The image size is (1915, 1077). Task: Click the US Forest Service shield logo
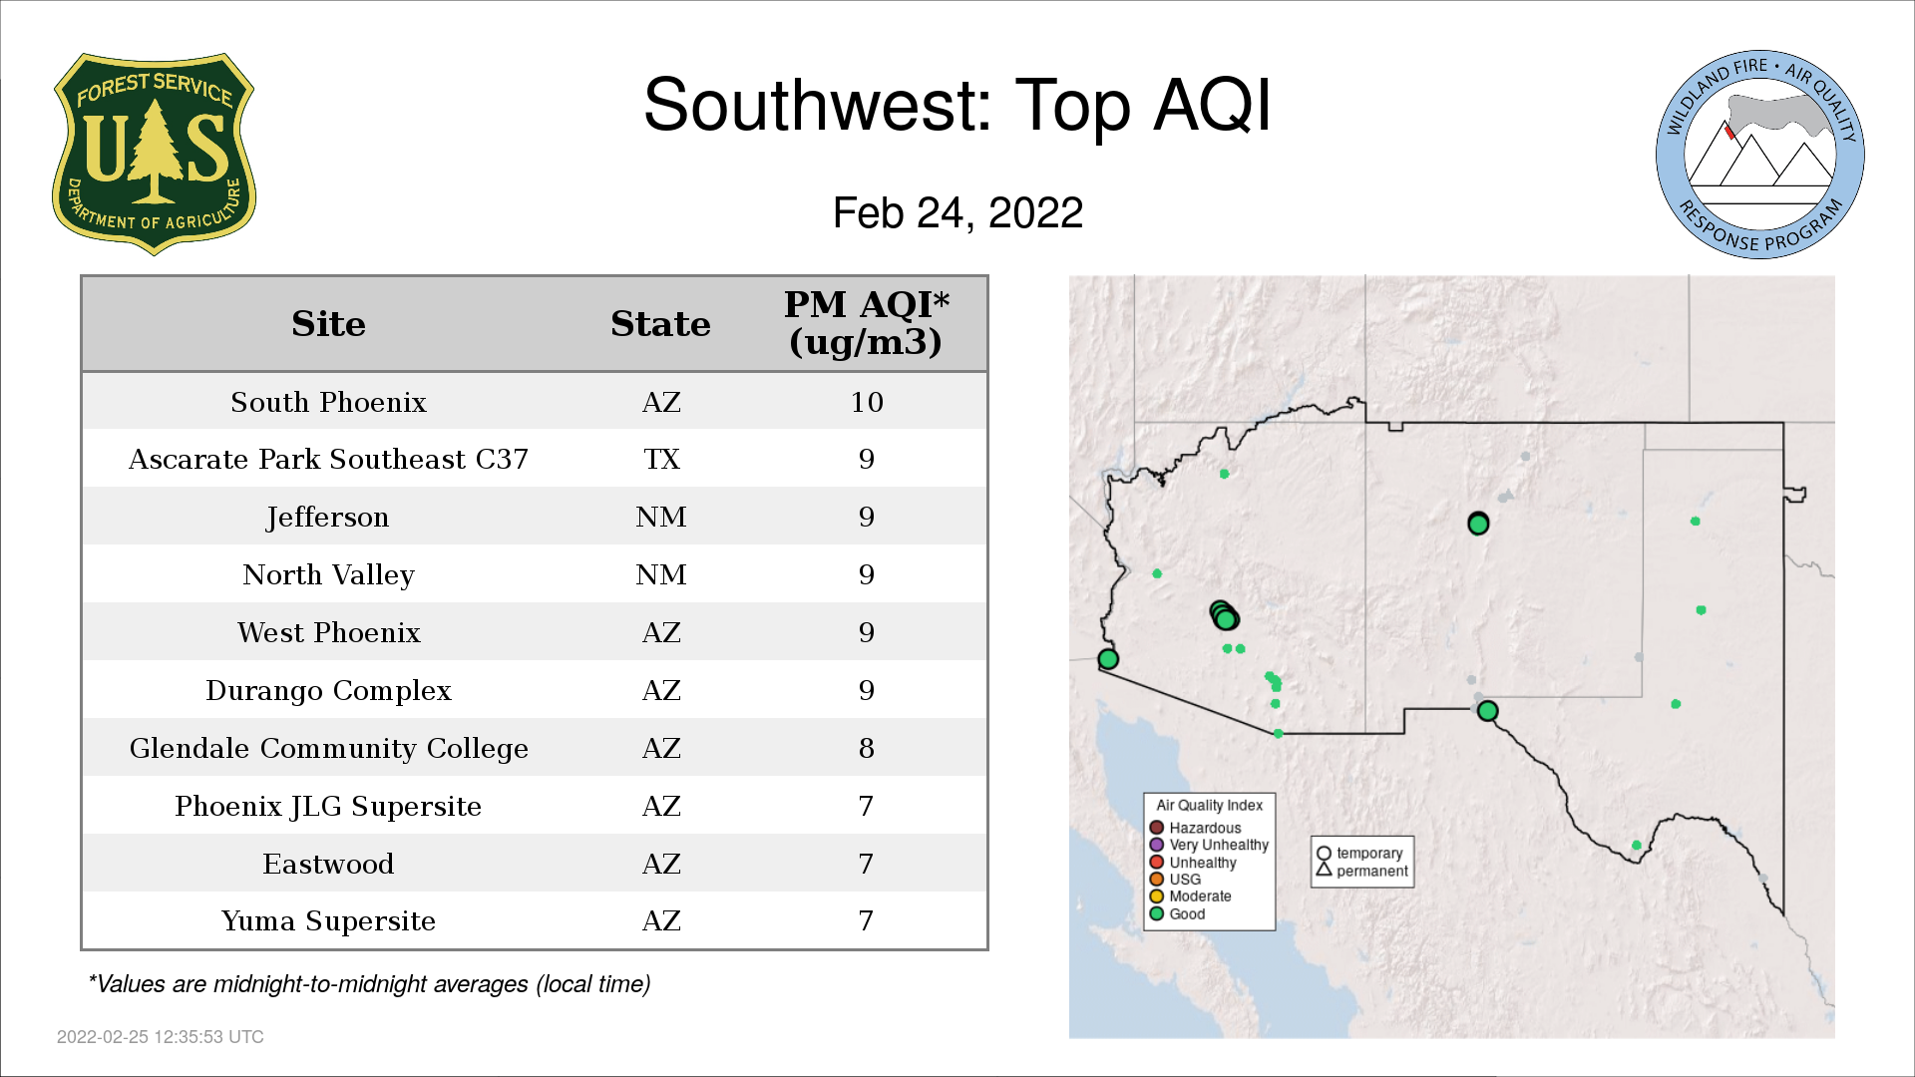pyautogui.click(x=154, y=154)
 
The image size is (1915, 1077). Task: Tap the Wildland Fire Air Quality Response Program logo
pyautogui.click(x=1759, y=155)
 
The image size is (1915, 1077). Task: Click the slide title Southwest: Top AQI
pyautogui.click(x=957, y=105)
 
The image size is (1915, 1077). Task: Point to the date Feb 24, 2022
pyautogui.click(x=957, y=212)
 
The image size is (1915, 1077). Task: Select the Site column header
pyautogui.click(x=328, y=324)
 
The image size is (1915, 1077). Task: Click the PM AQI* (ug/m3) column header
pyautogui.click(x=866, y=323)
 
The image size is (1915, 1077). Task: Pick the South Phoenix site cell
pyautogui.click(x=328, y=402)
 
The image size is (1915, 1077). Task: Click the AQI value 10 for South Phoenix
pyautogui.click(x=867, y=402)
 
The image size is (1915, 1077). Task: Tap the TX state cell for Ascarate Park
pyautogui.click(x=661, y=460)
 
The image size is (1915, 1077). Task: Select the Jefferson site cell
pyautogui.click(x=328, y=518)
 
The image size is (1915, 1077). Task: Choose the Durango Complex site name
pyautogui.click(x=328, y=691)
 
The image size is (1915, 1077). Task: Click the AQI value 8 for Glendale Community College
pyautogui.click(x=867, y=749)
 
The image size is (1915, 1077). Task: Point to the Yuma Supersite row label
pyautogui.click(x=328, y=921)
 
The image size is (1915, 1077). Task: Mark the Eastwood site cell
pyautogui.click(x=328, y=865)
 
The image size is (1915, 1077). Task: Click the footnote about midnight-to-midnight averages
pyautogui.click(x=369, y=984)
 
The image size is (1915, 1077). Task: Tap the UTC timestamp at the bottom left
pyautogui.click(x=161, y=1037)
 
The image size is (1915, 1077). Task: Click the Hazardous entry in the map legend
pyautogui.click(x=1196, y=828)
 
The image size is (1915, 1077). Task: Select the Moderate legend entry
pyautogui.click(x=1191, y=897)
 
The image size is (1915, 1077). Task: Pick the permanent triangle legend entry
pyautogui.click(x=1362, y=871)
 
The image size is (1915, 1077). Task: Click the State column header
pyautogui.click(x=660, y=324)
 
